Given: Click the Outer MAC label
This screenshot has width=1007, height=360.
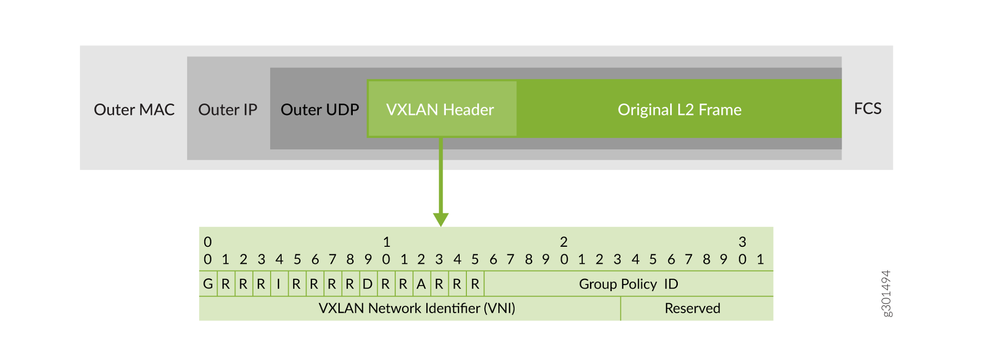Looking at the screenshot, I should point(134,110).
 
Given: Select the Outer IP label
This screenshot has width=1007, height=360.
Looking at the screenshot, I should point(228,110).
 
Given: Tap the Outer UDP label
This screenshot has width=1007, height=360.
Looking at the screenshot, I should point(319,110).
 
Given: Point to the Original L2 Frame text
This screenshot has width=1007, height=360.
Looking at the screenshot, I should point(679,110).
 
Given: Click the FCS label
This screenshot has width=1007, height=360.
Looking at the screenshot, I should point(868,109).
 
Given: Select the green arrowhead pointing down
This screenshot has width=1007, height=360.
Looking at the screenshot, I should point(441,219).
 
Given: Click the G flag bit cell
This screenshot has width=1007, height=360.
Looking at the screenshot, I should point(208,284).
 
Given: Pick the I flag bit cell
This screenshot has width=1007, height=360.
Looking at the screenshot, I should point(278,284).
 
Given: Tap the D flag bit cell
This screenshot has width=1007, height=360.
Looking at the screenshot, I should point(367,284).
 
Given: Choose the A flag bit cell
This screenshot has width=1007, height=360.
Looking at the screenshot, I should point(421,284).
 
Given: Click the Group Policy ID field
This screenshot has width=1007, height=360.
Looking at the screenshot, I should point(628,284).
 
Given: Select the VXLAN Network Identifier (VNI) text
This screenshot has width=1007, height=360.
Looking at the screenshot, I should point(417,308).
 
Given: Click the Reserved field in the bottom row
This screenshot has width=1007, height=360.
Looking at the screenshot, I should point(692,308).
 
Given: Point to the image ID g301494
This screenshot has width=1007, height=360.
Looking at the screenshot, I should point(886,294).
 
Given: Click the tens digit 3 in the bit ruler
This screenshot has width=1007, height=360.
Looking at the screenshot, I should point(742,242).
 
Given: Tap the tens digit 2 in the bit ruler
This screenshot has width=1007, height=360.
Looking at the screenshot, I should point(564,242).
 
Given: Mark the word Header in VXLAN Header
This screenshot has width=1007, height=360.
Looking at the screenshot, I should point(469,110).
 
